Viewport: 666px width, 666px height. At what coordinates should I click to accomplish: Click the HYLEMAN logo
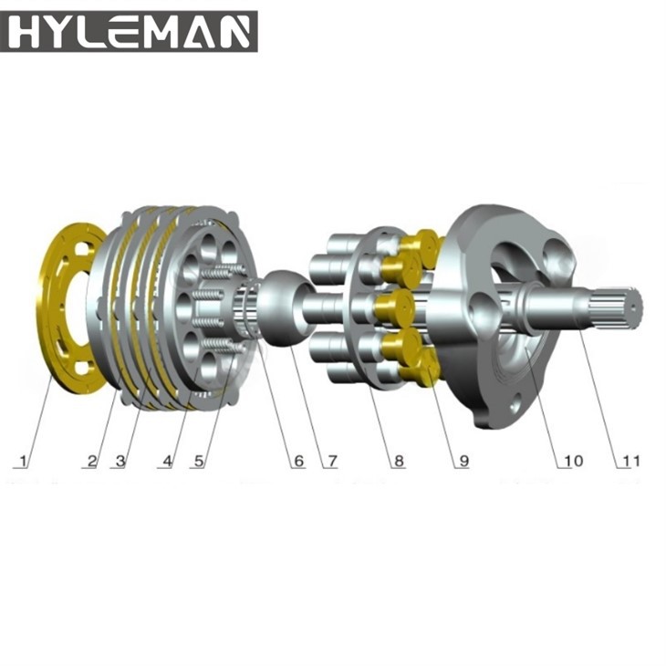point(129,31)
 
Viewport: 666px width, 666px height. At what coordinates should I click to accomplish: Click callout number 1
point(24,461)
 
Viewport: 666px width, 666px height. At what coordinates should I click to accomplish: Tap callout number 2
point(92,461)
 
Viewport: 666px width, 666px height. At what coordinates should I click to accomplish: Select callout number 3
point(120,461)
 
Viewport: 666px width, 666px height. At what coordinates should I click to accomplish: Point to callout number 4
point(168,461)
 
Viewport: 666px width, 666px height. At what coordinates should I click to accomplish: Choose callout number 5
point(199,461)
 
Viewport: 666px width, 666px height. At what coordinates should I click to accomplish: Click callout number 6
point(299,461)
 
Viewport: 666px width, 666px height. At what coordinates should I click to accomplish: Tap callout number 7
point(332,461)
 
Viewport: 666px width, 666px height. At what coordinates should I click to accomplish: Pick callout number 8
point(399,461)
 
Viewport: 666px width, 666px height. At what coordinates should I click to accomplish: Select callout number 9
point(463,461)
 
